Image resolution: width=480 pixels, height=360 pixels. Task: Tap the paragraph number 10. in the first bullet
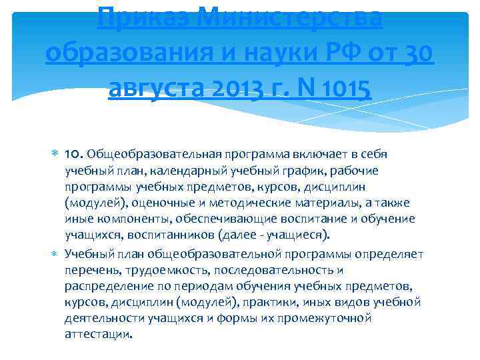[x=74, y=155]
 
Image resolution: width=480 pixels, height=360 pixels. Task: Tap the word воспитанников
[x=161, y=235]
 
